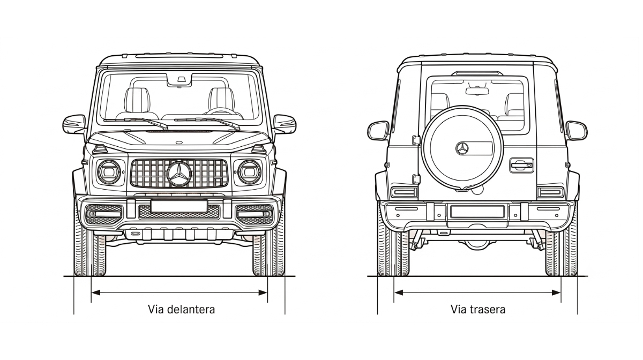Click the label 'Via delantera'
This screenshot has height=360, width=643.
click(x=181, y=310)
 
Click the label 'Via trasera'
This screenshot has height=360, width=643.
click(x=478, y=310)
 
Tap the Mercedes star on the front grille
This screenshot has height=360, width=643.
click(x=179, y=174)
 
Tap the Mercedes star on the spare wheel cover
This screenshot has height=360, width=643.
click(x=462, y=148)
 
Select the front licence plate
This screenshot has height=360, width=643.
click(x=179, y=206)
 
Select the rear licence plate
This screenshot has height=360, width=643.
click(x=477, y=212)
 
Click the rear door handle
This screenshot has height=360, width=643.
click(x=521, y=166)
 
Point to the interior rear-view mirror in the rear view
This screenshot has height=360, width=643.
click(x=477, y=91)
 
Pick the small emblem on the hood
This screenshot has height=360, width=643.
click(x=179, y=142)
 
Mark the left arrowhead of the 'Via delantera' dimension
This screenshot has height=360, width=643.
click(x=95, y=292)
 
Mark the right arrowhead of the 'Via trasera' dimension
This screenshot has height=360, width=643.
click(x=556, y=292)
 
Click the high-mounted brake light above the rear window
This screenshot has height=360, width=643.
click(x=477, y=74)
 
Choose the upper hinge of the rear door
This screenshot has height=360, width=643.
click(x=416, y=140)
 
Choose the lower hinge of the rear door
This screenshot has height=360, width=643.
click(x=416, y=179)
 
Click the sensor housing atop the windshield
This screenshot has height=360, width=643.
click(x=180, y=79)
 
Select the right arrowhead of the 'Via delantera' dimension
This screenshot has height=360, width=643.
click(x=263, y=292)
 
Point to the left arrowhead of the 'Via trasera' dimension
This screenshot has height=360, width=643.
click(x=399, y=292)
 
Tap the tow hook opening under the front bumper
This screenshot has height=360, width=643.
click(x=136, y=234)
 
